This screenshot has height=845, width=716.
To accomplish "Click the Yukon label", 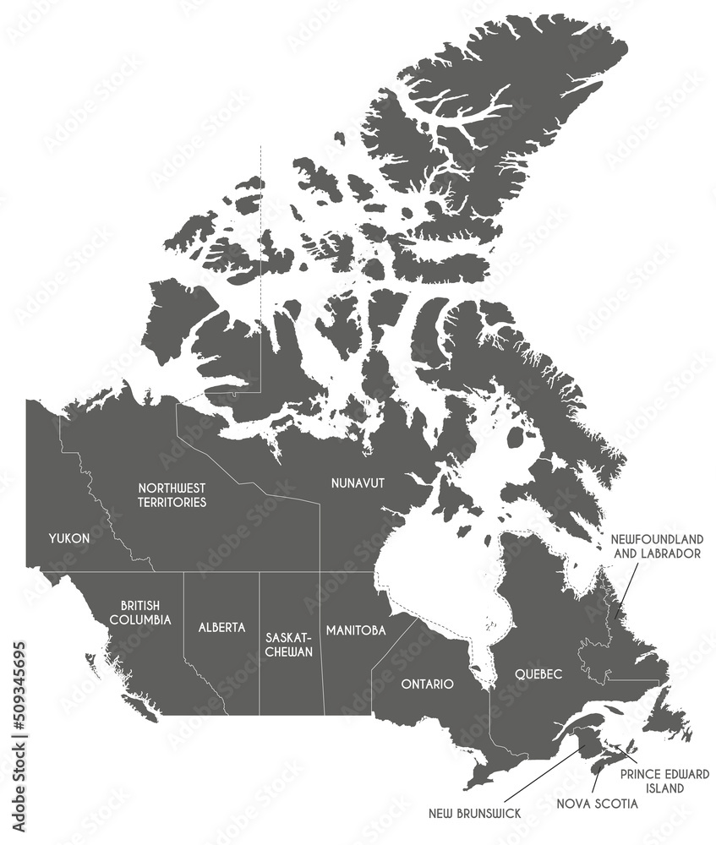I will coord(69,537).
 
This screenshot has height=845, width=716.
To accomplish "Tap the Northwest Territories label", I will coord(173,495).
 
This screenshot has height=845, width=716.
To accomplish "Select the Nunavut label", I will coord(358,482).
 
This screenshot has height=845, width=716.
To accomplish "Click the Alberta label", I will coord(221,627).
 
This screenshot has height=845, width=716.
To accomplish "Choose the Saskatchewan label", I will coord(289,644).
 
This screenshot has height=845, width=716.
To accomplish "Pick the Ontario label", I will coord(428,683).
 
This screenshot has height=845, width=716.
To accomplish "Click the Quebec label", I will coord(538,674).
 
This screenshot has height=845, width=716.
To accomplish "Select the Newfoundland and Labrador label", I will coord(658,546).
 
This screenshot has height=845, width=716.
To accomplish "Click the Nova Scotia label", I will coord(598,803).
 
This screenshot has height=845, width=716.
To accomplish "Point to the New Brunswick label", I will coord(473,813).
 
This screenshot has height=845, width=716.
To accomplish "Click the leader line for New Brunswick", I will coord(541,774).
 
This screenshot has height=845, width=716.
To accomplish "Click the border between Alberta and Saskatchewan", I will coord(260,642).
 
